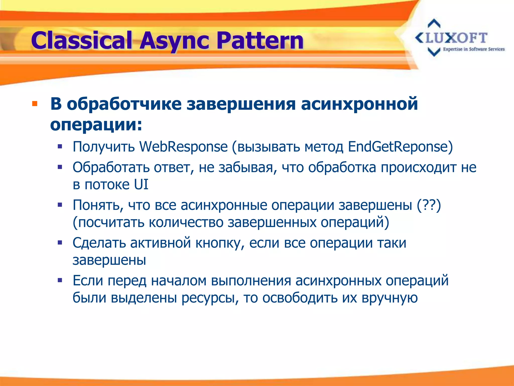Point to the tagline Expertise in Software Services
point(474,49)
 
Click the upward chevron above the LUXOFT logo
point(434,24)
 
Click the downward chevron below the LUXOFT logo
point(434,52)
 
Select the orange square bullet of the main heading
point(35,104)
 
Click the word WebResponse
point(183,147)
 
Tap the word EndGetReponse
point(400,147)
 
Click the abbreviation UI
point(141,184)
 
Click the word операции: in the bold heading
point(96,125)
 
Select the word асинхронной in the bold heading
point(359,104)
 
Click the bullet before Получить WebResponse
point(60,147)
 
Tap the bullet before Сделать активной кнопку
point(60,243)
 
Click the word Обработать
point(111,167)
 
